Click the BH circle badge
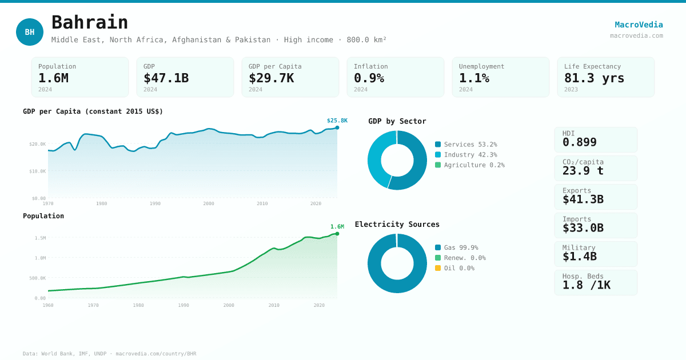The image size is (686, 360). pos(30,32)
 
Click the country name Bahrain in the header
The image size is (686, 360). pos(90,22)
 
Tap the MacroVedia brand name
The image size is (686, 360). pos(639,25)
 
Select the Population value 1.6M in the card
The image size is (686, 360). pos(53,78)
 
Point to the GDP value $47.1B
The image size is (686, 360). pos(166,78)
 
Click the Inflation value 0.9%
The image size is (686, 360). pos(369,78)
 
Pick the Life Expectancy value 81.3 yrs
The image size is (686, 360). pos(594,78)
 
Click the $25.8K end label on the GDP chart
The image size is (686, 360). pos(337,121)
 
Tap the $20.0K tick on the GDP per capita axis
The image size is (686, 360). pos(38,144)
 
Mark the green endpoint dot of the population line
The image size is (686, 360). pos(337,234)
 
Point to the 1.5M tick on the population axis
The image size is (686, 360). pos(40,238)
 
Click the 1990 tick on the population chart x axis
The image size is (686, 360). pos(184,305)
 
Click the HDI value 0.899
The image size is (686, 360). pos(579,142)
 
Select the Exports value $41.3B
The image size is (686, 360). pos(583,199)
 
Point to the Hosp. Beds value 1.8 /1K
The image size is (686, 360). pos(586,285)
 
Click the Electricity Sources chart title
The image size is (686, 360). pos(397,224)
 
